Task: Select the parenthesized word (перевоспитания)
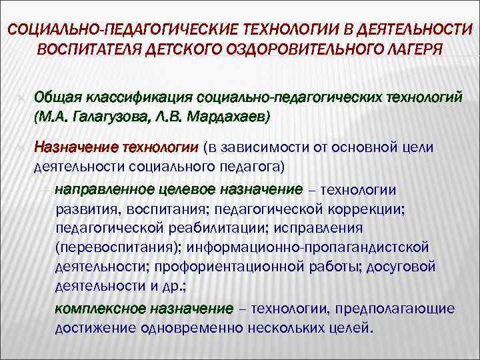click(119, 247)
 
